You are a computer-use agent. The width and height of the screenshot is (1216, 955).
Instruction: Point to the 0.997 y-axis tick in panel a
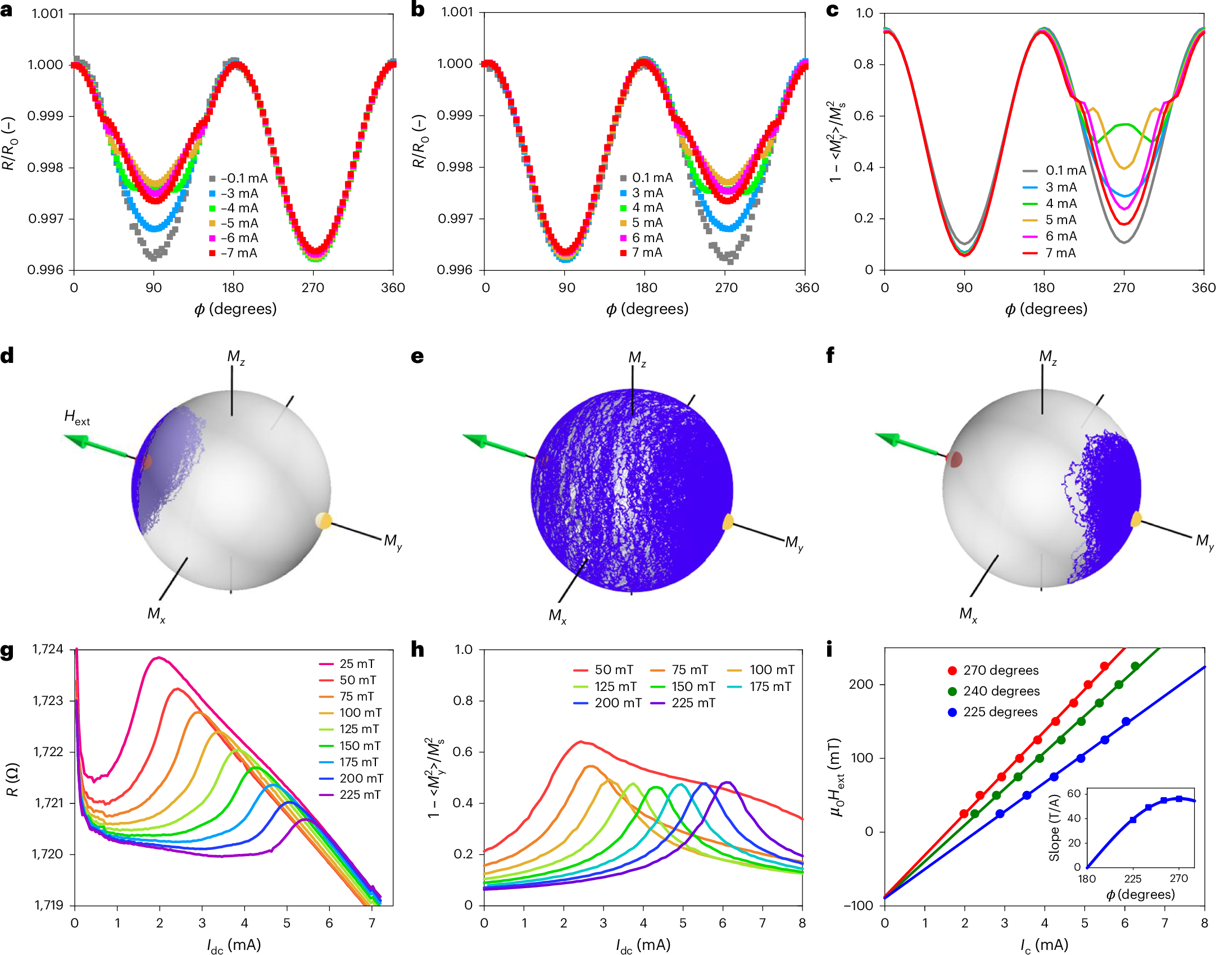[46, 219]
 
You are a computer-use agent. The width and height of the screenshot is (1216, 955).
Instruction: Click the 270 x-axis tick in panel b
[726, 288]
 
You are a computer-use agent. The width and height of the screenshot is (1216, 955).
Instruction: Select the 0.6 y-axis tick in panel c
[865, 116]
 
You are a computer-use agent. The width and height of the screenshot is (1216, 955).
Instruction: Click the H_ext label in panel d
[76, 417]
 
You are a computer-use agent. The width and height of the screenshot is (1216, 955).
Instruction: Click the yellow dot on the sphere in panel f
[1136, 519]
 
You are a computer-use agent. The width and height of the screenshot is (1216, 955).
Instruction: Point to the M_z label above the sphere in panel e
[637, 358]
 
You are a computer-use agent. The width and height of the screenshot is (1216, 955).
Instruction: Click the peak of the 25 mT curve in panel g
[159, 657]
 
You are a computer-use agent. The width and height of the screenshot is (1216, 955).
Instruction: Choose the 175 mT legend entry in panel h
[770, 686]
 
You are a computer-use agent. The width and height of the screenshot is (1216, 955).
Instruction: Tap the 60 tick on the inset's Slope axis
[1073, 793]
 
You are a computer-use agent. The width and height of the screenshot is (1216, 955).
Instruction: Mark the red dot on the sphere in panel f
[955, 460]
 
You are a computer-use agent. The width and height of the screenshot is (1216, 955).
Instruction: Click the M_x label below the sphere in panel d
[156, 614]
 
